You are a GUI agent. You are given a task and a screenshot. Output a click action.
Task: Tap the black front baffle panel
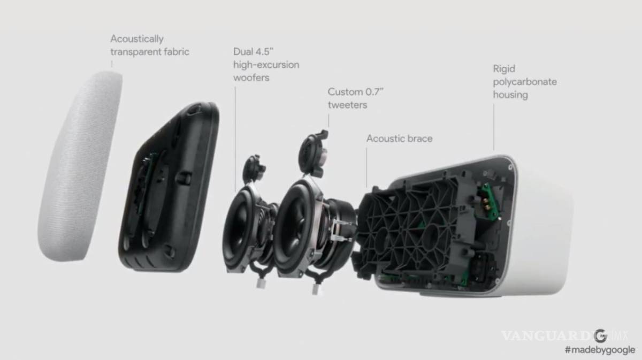tap(166, 187)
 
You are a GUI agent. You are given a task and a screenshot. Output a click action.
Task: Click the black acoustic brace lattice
tap(407, 225)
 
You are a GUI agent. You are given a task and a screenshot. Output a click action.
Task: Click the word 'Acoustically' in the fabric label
tap(137, 39)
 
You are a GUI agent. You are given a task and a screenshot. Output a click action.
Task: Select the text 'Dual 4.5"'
tap(255, 52)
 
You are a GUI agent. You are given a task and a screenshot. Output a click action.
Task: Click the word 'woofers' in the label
tap(251, 78)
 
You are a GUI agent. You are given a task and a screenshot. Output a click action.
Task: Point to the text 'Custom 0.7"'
tap(355, 92)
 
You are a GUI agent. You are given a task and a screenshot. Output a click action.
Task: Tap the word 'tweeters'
tap(347, 105)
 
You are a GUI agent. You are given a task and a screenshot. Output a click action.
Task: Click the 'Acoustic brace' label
tap(399, 139)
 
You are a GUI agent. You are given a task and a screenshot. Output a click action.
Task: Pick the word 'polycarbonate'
tap(524, 82)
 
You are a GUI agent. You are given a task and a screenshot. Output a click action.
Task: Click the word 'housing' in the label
tap(510, 95)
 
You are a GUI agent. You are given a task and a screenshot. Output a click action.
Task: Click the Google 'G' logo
tap(600, 336)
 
